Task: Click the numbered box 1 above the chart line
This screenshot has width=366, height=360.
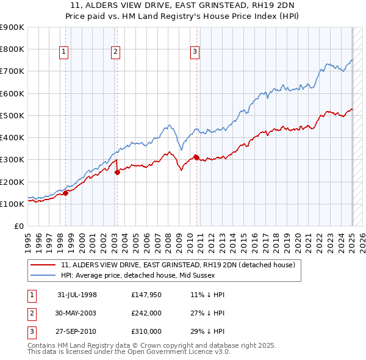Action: (x=64, y=52)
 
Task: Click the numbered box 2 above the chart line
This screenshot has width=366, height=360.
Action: (x=115, y=52)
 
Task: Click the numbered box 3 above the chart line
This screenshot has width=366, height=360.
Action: (x=195, y=52)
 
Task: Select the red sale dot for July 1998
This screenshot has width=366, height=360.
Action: (x=65, y=193)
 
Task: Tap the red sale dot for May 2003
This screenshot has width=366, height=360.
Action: (x=117, y=172)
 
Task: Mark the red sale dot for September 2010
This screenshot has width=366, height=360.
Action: (x=196, y=157)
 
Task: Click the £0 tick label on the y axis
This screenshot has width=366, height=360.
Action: (x=18, y=226)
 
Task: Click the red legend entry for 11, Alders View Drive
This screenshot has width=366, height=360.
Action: (x=178, y=265)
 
